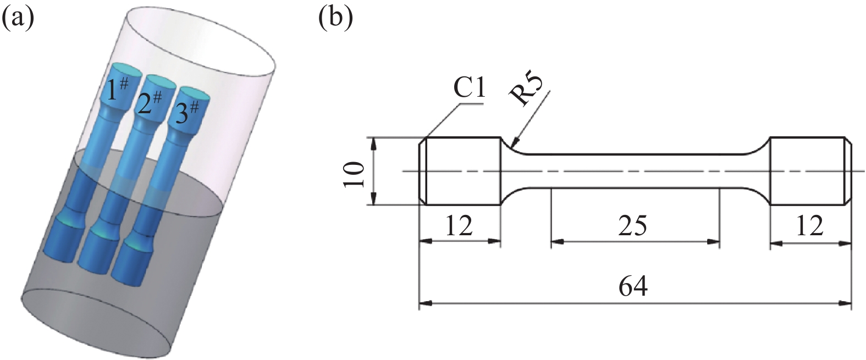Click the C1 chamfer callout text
[469, 87]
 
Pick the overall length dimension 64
[633, 286]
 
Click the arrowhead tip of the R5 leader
[511, 147]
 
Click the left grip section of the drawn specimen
[462, 171]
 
